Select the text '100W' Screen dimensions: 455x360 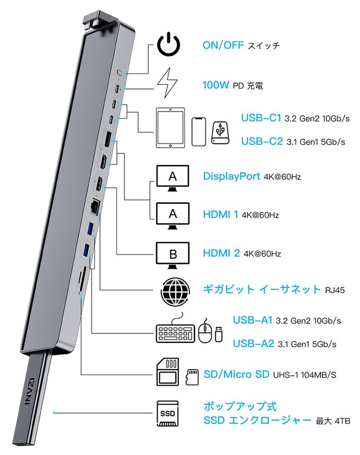(x=215, y=85)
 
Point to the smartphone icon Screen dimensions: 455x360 (x=199, y=132)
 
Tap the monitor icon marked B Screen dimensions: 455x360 (x=173, y=254)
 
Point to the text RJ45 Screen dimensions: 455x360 (x=335, y=290)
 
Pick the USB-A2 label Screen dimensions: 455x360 (x=253, y=344)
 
